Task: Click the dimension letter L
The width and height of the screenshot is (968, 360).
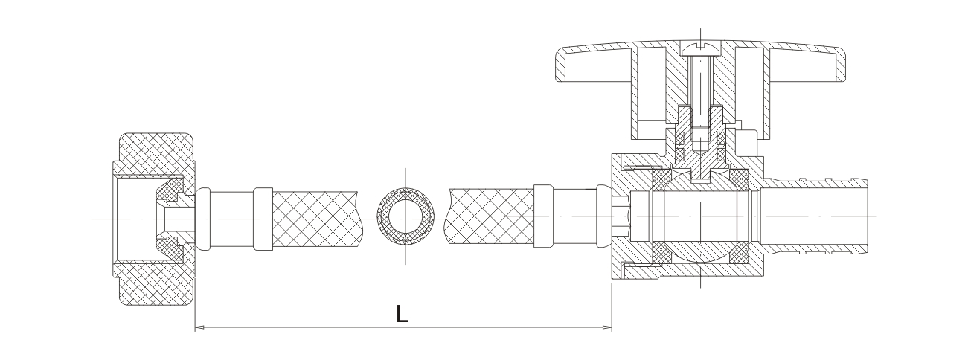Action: (402, 314)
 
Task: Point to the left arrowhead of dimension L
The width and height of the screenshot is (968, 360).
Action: (199, 327)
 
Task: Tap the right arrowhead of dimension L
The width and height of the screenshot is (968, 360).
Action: (607, 327)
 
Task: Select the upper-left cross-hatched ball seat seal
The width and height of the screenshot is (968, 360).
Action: (661, 179)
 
